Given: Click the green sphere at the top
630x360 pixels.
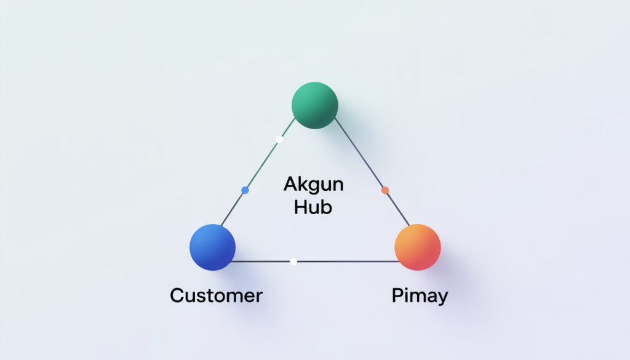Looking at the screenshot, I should tap(314, 105).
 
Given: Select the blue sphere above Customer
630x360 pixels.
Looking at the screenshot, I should tap(212, 247).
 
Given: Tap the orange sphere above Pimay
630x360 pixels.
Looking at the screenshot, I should tap(417, 247).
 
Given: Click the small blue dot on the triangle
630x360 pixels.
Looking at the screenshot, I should tap(245, 191).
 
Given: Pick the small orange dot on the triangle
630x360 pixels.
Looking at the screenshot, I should tap(385, 190).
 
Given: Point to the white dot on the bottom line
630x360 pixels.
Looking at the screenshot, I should tap(293, 262).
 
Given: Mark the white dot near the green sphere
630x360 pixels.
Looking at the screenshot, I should tap(279, 140).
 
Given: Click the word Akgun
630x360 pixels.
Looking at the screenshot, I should tap(313, 183).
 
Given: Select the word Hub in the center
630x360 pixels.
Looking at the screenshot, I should tap(313, 207).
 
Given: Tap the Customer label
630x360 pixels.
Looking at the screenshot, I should tap(216, 295).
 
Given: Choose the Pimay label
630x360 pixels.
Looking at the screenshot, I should tap(420, 296).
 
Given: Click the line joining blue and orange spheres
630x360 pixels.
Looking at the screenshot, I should tap(345, 262).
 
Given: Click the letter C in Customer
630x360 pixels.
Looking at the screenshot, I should tap(177, 295).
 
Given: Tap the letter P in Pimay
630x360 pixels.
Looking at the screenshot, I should tap(397, 295).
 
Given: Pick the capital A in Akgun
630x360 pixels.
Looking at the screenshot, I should tap(290, 183).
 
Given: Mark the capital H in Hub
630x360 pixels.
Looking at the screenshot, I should tap(301, 207).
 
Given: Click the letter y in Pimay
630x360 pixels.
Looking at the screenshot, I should tap(442, 298).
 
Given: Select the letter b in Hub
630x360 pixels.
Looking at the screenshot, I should tap(326, 207).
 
